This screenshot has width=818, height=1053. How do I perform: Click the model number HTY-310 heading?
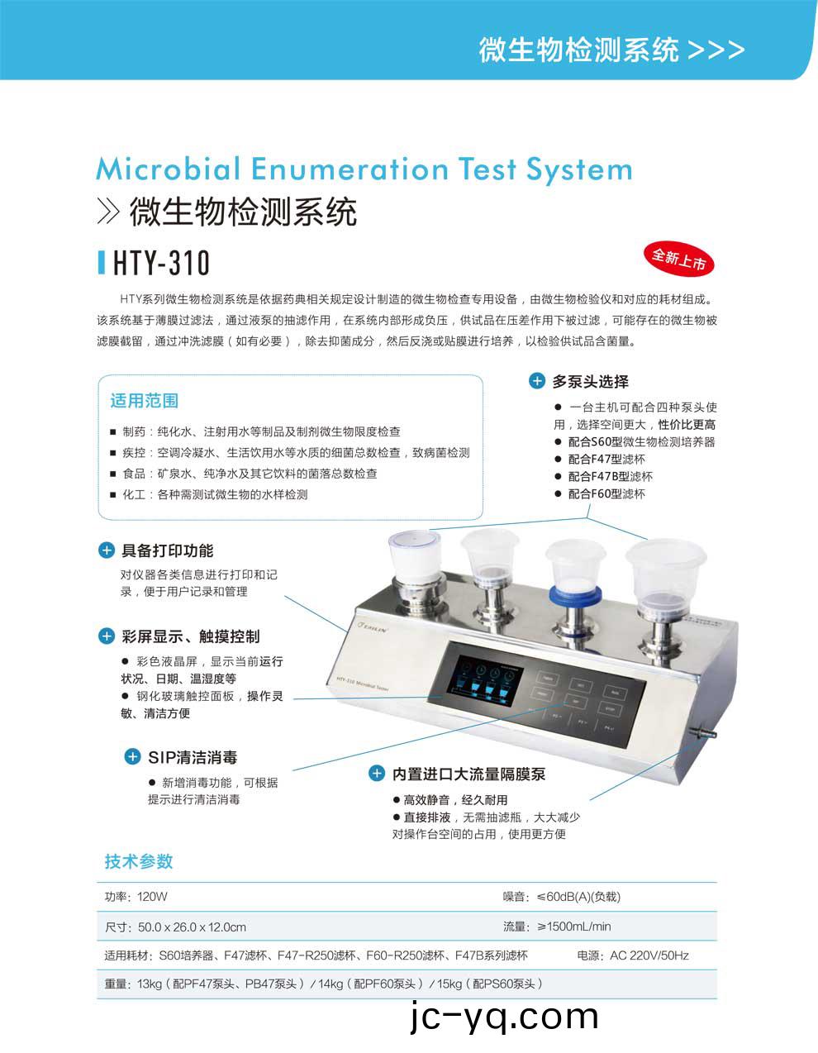pos(161,264)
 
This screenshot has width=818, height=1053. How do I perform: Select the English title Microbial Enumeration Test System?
pos(364,169)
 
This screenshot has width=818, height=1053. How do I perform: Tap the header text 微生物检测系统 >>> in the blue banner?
pos(611,50)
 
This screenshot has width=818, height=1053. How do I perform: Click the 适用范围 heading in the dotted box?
pos(145,401)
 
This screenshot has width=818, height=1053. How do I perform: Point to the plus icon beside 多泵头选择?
pos(537,381)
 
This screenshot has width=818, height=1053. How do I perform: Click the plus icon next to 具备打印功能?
pos(107,550)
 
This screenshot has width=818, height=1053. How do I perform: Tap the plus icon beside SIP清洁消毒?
pos(132,757)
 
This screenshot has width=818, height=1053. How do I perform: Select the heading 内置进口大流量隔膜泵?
pos(468,774)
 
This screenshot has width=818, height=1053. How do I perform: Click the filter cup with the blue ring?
pos(576,570)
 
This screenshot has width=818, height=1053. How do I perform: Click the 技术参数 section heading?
pos(139,861)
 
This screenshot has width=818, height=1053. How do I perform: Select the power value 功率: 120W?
pos(136,897)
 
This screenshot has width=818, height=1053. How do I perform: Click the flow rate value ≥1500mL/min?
pos(558,927)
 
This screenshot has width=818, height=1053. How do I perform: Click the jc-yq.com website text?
pos(504,1017)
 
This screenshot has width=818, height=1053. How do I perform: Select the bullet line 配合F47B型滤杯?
pos(610,476)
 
